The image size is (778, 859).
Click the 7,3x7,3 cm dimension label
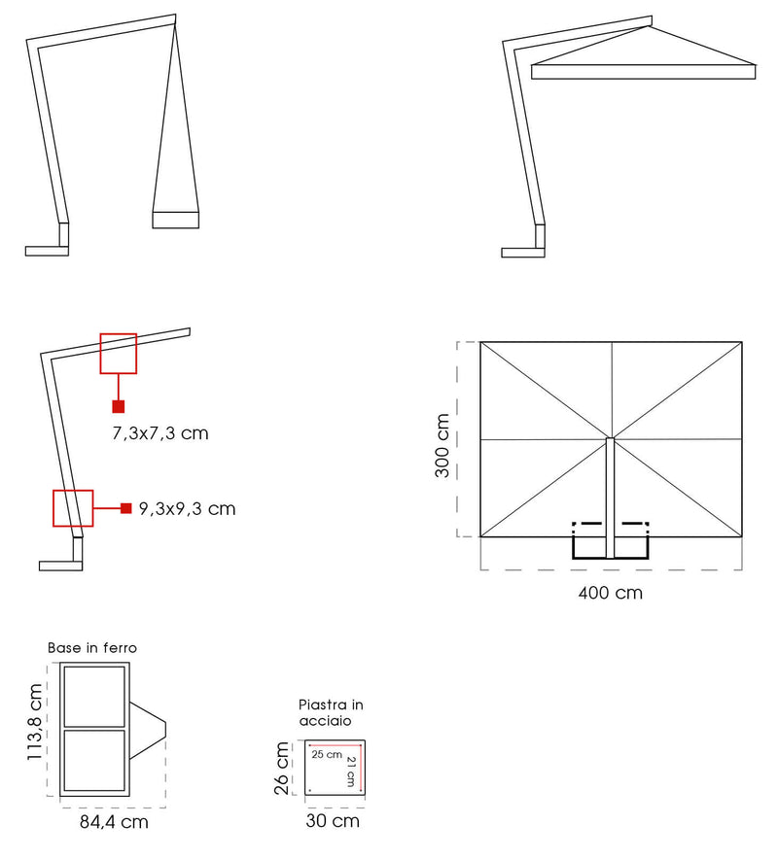pos(160,433)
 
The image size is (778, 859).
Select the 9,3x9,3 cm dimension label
pos(187,508)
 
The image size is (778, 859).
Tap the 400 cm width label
pos(610,592)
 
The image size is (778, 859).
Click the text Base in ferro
pos(92,647)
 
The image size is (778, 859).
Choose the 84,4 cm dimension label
pos(113,822)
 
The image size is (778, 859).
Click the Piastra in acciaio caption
pos(331,713)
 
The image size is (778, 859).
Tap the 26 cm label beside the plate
pos(283,769)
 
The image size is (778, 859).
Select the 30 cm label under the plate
pos(333,821)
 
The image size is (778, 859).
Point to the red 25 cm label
pos(327,754)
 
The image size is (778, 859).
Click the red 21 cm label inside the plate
pos(352,772)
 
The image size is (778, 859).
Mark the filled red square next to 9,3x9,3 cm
pos(125,508)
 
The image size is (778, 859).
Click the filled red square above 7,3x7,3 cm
pos(118,406)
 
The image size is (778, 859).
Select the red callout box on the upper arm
pos(119,353)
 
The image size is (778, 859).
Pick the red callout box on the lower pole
pos(72,508)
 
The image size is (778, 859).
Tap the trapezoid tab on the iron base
pos(149,728)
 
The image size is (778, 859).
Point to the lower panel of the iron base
pos(93,760)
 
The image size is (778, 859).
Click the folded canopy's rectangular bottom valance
pos(175,219)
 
